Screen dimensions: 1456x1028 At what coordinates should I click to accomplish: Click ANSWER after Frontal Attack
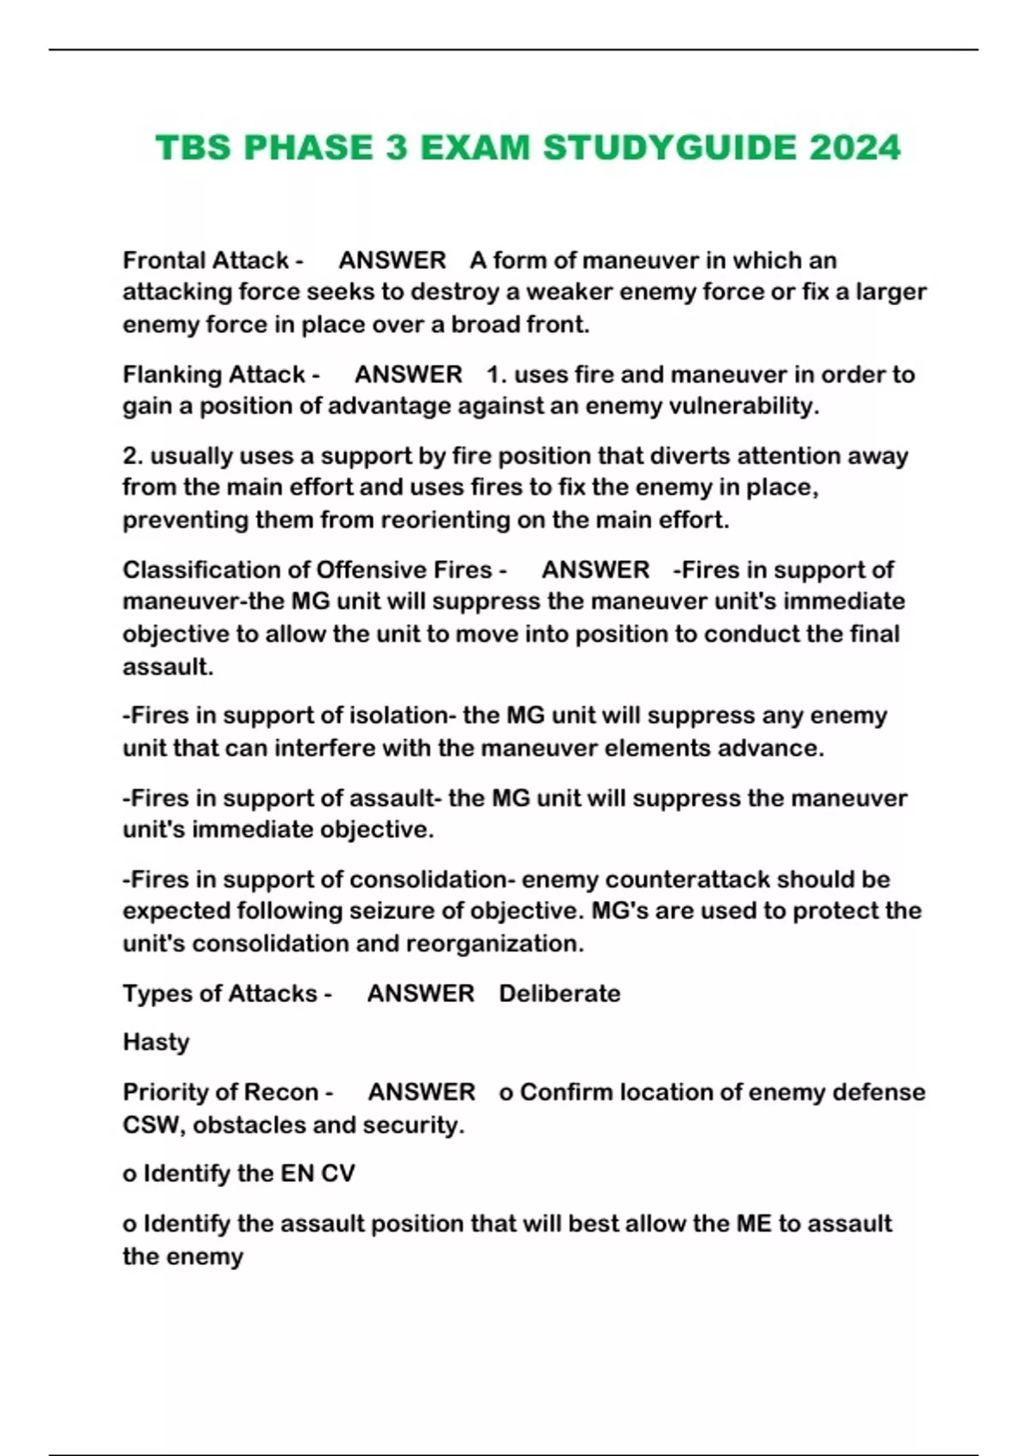pyautogui.click(x=392, y=260)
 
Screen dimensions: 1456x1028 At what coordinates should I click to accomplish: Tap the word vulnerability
pyautogui.click(x=744, y=406)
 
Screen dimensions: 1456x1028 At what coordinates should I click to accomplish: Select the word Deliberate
pyautogui.click(x=559, y=994)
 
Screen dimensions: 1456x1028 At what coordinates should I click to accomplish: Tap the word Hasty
pyautogui.click(x=156, y=1042)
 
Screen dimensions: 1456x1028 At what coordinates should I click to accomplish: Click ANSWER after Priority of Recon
pyautogui.click(x=421, y=1092)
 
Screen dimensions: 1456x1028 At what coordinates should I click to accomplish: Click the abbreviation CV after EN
pyautogui.click(x=338, y=1173)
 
